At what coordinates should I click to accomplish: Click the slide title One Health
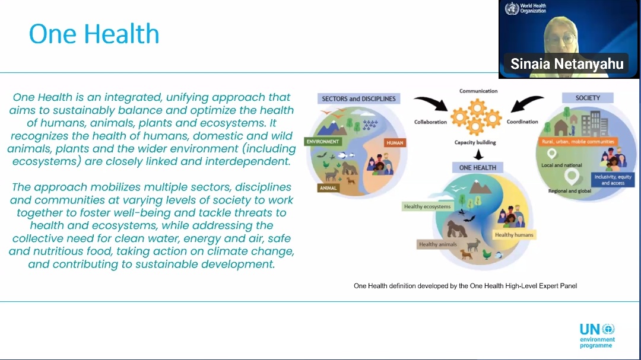pos(94,33)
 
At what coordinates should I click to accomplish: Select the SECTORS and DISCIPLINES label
pos(358,98)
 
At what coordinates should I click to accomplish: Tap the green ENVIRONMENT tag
pos(322,141)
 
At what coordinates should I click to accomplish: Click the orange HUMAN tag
pos(395,142)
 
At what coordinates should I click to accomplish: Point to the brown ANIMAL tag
pos(328,188)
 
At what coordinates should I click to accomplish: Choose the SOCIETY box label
pos(588,98)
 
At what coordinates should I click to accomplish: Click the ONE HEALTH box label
pos(477,167)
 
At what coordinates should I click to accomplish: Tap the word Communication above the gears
pos(478,91)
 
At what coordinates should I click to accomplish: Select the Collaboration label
pos(430,122)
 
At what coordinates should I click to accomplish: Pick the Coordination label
pos(522,122)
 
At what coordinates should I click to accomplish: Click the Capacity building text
pos(475,142)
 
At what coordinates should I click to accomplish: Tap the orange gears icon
pos(476,116)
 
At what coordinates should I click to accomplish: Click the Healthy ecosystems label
pos(427,206)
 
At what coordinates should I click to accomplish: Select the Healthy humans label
pos(514,234)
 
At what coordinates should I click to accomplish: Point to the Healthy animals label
pos(438,244)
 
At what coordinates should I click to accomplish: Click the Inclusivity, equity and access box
pos(613,180)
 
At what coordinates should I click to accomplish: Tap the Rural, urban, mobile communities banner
pos(578,142)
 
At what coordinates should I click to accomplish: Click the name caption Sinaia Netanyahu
pos(567,63)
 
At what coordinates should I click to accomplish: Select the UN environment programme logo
pos(597,336)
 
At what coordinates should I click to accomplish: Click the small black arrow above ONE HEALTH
pos(478,154)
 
